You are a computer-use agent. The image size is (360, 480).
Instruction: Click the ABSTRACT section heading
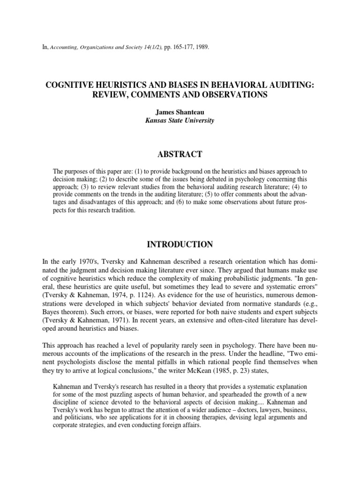180,154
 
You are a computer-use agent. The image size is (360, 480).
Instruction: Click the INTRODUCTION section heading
180,244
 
